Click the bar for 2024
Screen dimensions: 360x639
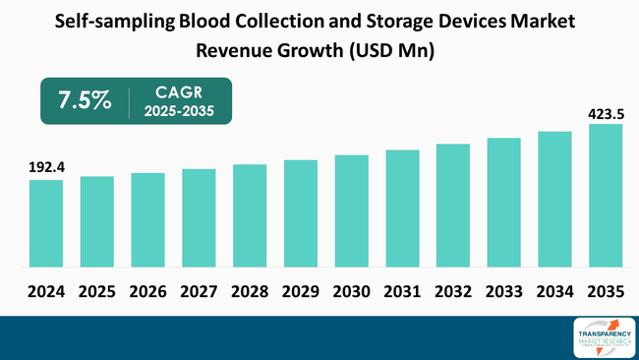tap(45, 223)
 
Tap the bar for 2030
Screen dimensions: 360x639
tap(351, 210)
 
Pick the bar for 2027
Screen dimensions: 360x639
tap(199, 217)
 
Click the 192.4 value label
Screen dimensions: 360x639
tap(45, 167)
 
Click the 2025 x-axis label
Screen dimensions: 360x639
tap(96, 292)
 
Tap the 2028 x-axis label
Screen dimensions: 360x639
tap(250, 292)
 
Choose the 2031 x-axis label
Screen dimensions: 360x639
tap(402, 292)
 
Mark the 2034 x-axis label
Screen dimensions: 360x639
tap(554, 292)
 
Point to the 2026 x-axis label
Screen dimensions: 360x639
tap(147, 292)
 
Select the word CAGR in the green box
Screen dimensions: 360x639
tap(178, 90)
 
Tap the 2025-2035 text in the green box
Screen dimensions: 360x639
tap(178, 111)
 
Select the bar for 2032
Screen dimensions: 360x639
tap(453, 206)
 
